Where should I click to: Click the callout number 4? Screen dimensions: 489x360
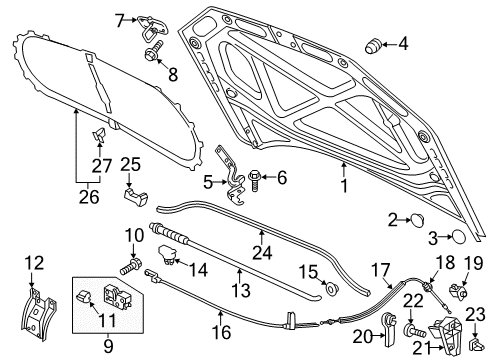coord(403,44)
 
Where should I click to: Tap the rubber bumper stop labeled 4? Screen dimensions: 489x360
coord(374,46)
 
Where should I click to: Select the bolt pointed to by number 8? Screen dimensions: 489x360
coord(154,52)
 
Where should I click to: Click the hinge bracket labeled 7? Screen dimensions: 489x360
coord(152,27)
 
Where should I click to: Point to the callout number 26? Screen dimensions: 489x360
coord(89,197)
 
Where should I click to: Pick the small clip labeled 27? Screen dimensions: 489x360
coord(99,134)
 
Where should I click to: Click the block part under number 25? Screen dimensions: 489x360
coord(136,197)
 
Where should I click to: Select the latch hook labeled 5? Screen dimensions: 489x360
coord(232,175)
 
